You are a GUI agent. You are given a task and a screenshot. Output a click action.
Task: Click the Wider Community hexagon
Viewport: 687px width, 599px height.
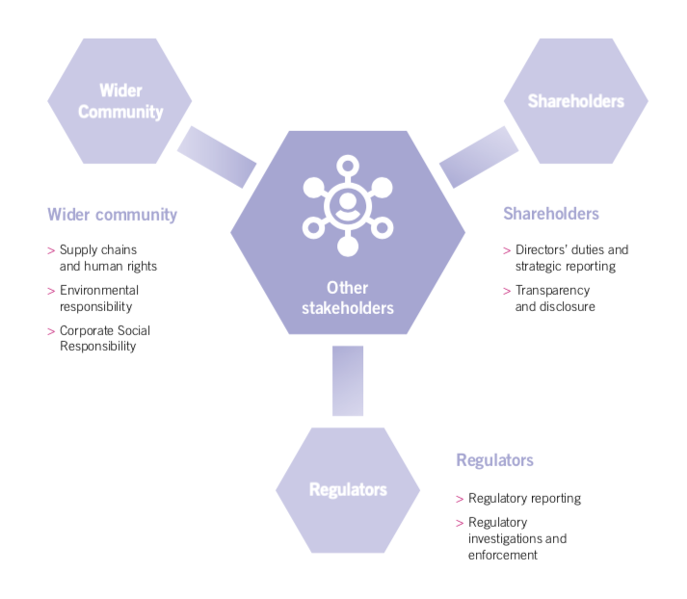click(x=119, y=101)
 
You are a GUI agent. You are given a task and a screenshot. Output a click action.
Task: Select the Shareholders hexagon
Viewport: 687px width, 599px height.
click(x=575, y=101)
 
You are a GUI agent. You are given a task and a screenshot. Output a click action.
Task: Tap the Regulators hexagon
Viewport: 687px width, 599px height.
click(x=348, y=489)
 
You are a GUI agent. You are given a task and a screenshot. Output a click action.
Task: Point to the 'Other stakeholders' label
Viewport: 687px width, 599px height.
click(x=347, y=298)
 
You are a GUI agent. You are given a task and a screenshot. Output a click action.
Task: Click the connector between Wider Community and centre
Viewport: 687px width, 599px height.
click(x=217, y=156)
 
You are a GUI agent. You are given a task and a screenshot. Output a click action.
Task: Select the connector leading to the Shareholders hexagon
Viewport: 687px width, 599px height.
click(x=480, y=156)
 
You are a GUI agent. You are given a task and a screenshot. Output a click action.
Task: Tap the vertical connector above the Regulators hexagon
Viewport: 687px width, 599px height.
click(x=348, y=380)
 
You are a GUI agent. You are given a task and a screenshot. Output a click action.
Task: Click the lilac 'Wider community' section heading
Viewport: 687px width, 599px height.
click(x=112, y=214)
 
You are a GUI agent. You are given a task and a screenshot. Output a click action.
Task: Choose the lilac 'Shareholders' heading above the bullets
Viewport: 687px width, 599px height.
click(x=550, y=214)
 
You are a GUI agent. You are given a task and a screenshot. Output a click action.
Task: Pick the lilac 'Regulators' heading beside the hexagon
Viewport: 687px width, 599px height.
click(x=494, y=460)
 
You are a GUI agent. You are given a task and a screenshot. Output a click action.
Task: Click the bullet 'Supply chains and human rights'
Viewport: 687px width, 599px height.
click(x=107, y=258)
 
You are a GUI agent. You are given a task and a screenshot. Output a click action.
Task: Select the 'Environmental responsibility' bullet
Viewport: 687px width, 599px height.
click(x=98, y=298)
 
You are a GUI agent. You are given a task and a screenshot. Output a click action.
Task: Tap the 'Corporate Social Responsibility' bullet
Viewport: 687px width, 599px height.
click(x=104, y=338)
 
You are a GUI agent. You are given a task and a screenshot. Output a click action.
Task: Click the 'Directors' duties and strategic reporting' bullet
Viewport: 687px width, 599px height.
click(x=570, y=258)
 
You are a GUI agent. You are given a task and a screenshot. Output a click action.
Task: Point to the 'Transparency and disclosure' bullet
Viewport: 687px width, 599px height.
click(x=554, y=298)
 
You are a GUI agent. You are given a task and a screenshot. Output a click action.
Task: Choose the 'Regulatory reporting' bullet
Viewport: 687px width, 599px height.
click(x=523, y=498)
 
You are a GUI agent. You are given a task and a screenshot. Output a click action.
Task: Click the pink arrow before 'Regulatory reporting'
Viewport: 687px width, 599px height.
click(x=460, y=499)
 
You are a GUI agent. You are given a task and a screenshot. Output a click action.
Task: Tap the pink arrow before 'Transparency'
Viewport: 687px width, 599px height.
click(x=506, y=290)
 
